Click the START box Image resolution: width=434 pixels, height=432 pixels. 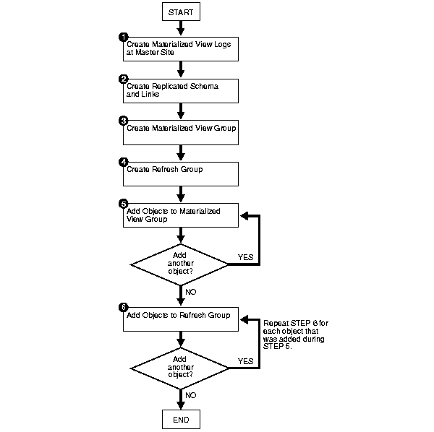coord(181,12)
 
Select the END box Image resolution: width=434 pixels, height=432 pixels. coord(181,419)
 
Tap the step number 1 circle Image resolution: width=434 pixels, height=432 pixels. coord(123,37)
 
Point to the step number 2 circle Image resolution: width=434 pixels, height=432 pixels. coord(123,79)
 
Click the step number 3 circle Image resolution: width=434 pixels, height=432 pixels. coord(123,121)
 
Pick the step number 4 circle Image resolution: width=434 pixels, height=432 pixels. coord(123,163)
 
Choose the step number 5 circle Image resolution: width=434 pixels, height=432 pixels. coord(123,204)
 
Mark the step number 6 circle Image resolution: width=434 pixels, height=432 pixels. coord(123,307)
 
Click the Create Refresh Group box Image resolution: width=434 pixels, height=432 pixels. coord(181,174)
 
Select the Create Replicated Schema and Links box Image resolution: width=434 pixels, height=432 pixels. coord(181,91)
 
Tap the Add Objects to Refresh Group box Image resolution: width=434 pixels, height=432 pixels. coord(181,319)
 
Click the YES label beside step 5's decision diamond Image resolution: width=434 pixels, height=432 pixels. coord(245,257)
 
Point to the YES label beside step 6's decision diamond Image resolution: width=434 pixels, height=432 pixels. coord(245,361)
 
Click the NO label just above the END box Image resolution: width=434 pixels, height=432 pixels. coord(191,395)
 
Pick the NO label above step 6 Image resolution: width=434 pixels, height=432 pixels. coord(191,292)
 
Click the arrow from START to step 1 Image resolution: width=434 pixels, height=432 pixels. coord(181,28)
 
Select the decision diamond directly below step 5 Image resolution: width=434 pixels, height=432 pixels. coord(179,264)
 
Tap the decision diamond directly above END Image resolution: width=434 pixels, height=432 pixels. coord(179,368)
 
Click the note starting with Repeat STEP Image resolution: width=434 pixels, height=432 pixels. coord(296,334)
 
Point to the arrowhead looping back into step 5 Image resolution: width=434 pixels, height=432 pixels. coord(244,215)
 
